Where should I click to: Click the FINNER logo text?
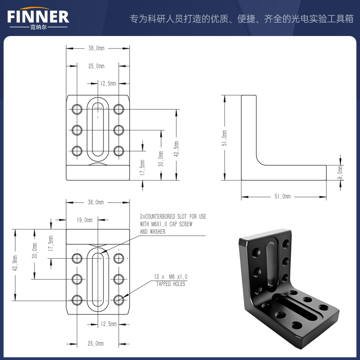point(38,17)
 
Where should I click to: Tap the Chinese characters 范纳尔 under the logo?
point(38,27)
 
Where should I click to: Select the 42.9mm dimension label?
point(16,265)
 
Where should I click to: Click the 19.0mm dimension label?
point(85,220)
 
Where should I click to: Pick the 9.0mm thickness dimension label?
point(340,171)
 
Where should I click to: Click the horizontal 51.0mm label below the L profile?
point(283,197)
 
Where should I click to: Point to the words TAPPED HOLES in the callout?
point(171,284)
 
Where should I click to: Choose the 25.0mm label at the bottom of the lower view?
point(96,343)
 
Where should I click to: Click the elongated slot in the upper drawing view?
point(98,129)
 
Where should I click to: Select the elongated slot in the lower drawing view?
point(98,279)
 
